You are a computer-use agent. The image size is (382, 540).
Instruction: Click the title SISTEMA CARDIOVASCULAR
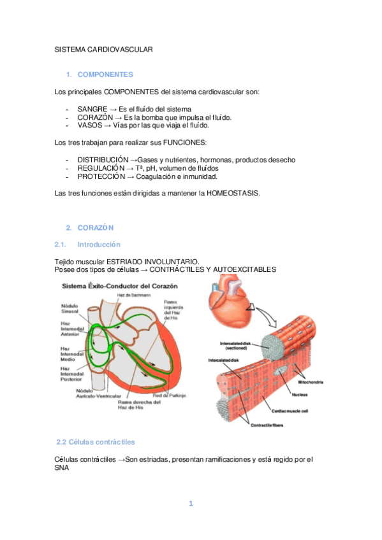tap(103, 49)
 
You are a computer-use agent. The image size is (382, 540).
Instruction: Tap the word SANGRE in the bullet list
tap(92, 109)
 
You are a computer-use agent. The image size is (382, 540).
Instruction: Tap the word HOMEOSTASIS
tap(233, 193)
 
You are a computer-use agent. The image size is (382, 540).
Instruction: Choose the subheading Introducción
tap(98, 244)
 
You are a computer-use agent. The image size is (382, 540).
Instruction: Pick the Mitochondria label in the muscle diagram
tap(311, 382)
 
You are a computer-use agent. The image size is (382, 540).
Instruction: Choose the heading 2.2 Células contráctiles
tap(96, 441)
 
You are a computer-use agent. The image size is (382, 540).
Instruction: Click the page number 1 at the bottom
tap(190, 504)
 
